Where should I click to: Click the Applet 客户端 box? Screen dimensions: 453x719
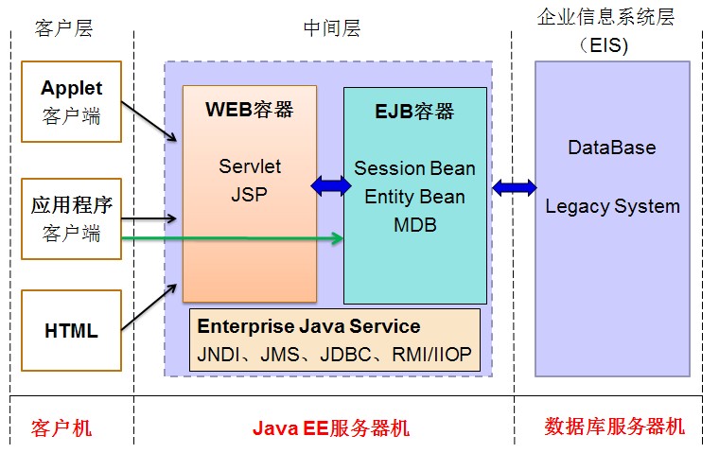71,102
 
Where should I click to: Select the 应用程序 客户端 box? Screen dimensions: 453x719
71,218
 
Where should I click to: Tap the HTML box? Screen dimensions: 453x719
71,331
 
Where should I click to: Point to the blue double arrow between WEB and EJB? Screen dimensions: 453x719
330,186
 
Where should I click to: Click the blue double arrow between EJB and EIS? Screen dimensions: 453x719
514,187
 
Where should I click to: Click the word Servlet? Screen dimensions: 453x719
250,166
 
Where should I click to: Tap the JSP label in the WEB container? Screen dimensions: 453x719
250,195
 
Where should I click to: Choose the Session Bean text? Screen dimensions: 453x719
414,168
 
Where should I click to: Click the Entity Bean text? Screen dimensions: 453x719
414,197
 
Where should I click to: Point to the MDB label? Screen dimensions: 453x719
414,225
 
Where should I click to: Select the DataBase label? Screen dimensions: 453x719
611,148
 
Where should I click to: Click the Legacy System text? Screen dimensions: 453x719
612,206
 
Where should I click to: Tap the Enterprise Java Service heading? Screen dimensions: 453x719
308,326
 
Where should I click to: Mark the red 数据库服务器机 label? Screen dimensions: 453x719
614,427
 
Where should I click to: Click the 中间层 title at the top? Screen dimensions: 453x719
331,28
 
